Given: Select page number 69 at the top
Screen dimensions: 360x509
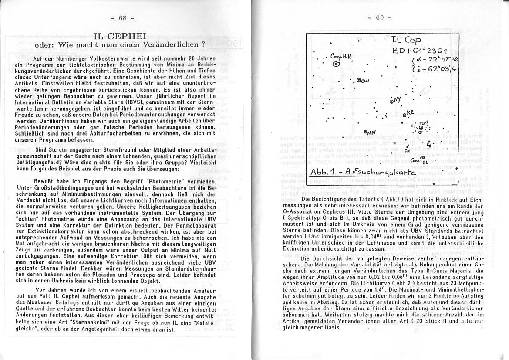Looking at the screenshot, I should click(x=379, y=18).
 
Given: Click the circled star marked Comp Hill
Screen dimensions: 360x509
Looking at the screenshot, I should click(x=336, y=64).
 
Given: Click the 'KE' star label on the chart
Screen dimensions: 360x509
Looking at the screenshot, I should click(x=411, y=113).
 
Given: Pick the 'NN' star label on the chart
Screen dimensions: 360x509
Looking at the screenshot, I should click(x=370, y=132).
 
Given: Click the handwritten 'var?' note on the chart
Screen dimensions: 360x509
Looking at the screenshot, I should click(x=424, y=123).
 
